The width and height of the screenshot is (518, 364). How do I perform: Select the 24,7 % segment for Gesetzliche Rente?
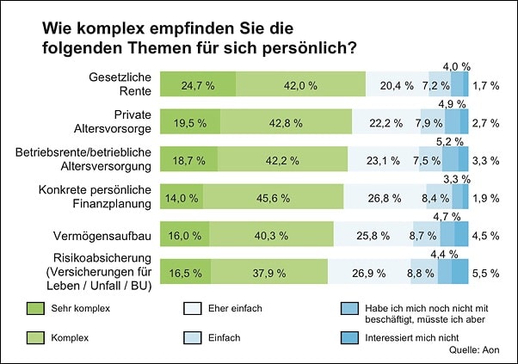click(197, 85)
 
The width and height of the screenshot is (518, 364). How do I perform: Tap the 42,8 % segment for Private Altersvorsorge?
click(285, 122)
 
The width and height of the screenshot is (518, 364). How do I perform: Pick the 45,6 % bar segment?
click(273, 197)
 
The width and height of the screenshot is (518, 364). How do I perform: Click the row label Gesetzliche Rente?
click(125, 84)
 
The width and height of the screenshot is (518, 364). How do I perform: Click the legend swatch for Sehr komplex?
click(34, 306)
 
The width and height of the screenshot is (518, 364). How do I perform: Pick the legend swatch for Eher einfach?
click(194, 306)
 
